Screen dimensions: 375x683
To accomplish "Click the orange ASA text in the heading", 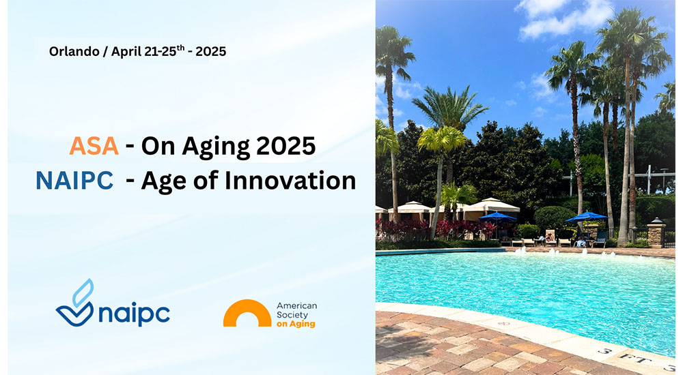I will click(94, 146).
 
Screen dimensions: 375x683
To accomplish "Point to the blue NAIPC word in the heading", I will click(74, 180).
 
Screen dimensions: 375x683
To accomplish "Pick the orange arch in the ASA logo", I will click(247, 313).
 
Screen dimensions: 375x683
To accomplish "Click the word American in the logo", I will click(296, 306).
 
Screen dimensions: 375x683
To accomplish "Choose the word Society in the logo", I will click(292, 315).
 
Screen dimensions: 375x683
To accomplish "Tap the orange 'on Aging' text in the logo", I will click(296, 325).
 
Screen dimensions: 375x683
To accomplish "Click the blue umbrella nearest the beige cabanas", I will click(498, 216).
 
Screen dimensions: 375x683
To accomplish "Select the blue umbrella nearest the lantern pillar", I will click(586, 215).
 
